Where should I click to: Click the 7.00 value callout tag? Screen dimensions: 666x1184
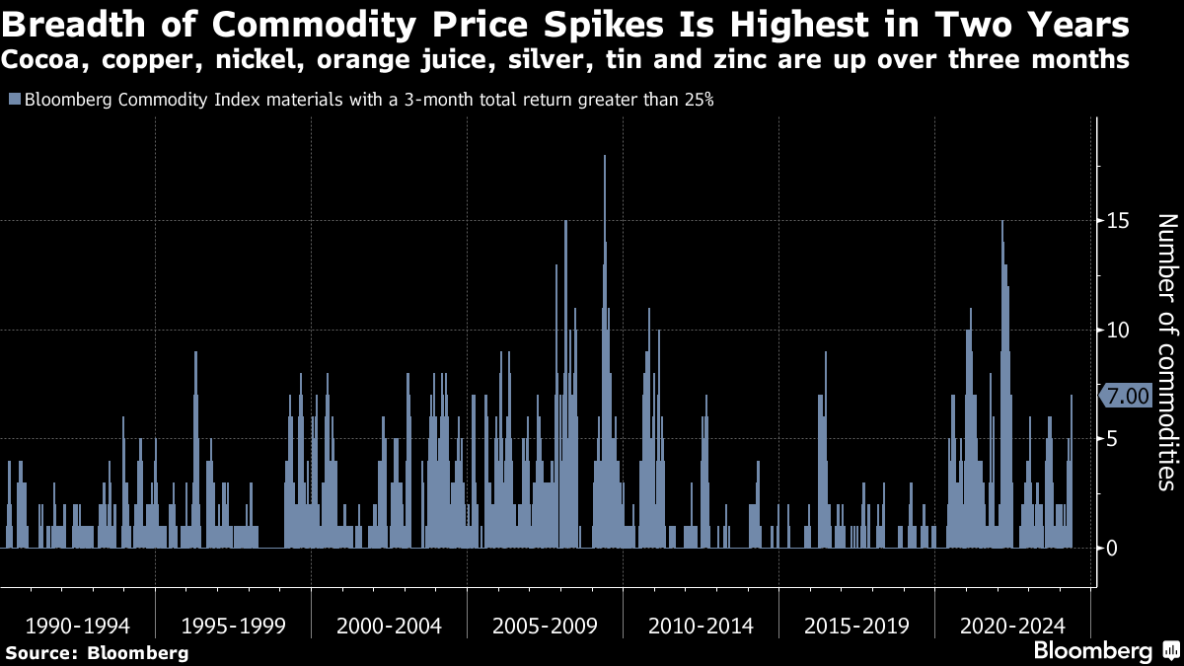(x=1126, y=396)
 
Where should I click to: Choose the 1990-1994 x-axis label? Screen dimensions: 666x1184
(x=78, y=626)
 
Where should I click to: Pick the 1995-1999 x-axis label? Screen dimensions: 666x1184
(x=234, y=626)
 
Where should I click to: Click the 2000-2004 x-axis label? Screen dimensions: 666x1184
(x=389, y=626)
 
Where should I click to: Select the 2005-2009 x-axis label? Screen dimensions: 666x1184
(x=545, y=626)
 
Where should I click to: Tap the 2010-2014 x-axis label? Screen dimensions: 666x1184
(x=701, y=626)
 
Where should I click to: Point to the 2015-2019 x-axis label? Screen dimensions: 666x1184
(x=856, y=626)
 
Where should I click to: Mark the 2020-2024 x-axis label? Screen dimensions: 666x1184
(x=1012, y=626)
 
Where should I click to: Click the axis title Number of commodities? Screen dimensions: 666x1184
(x=1166, y=351)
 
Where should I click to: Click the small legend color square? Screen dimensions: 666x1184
(x=14, y=99)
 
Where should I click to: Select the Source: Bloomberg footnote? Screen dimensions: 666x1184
(x=96, y=652)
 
